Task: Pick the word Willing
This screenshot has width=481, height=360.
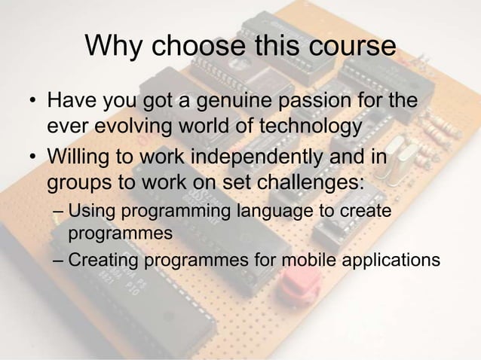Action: (79, 159)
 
